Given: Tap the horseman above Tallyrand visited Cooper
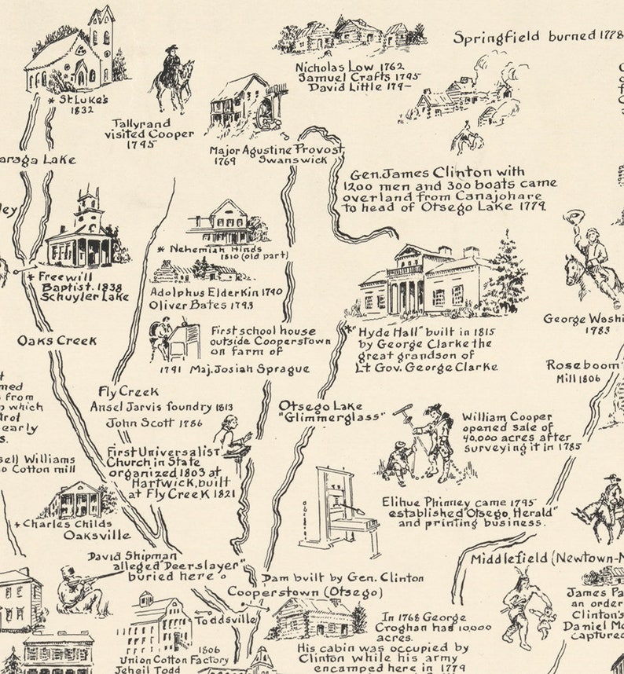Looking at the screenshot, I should [x=174, y=76].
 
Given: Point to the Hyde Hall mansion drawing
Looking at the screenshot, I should [x=428, y=280].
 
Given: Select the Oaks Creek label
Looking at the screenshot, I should [x=57, y=341].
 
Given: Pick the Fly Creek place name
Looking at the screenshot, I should [x=127, y=391].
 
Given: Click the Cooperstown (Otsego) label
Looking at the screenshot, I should [x=305, y=592].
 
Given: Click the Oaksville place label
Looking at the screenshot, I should [x=97, y=536].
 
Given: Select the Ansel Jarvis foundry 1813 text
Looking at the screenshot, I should [x=161, y=407].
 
